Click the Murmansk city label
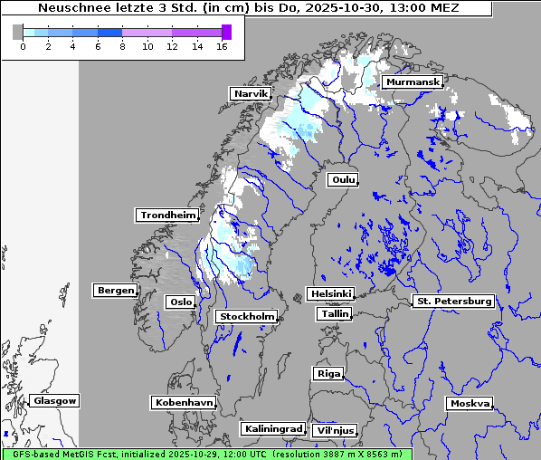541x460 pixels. point(413,82)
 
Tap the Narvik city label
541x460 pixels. point(251,93)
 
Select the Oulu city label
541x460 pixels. point(343,179)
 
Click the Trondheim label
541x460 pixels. point(167,216)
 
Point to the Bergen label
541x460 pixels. point(114,291)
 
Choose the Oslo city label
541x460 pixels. point(180,302)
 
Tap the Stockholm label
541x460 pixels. point(246,316)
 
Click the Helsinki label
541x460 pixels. point(330,294)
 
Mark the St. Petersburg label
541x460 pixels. point(452,301)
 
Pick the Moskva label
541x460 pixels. point(470,403)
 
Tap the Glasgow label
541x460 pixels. point(55,400)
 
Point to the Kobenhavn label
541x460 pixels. point(184,402)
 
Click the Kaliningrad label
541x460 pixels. point(272,428)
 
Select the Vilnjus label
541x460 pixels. point(334,430)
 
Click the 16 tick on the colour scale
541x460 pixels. point(222,47)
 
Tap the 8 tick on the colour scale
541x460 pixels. point(122,47)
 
